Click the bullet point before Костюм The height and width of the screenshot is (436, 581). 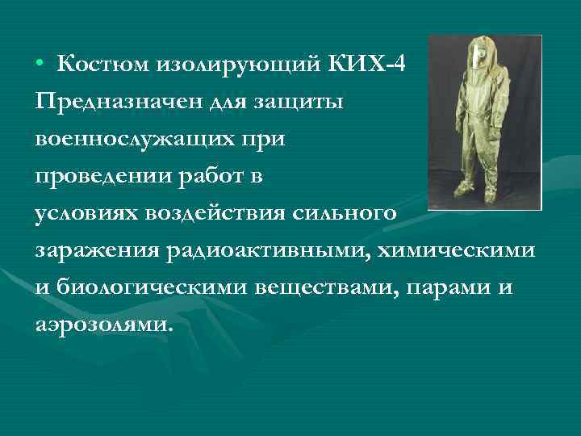[x=41, y=65]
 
